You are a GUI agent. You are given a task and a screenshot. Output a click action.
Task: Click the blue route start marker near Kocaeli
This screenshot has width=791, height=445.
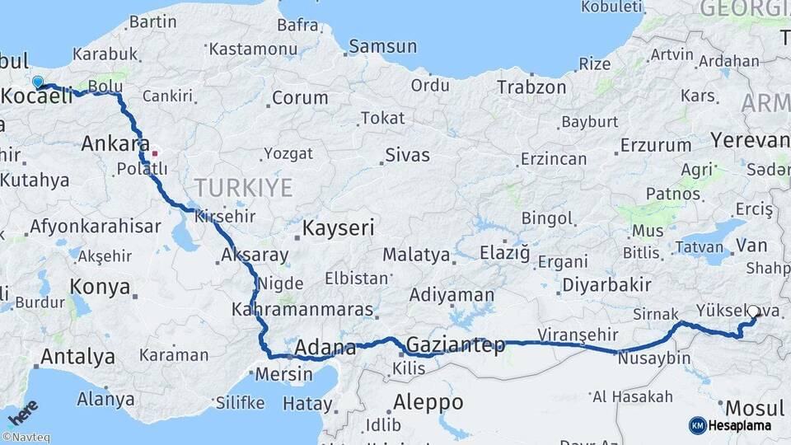tap(38, 82)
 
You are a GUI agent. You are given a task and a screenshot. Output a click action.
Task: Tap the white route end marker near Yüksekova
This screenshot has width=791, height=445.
tap(752, 312)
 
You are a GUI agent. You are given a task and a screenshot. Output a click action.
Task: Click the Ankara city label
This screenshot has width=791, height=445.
tap(115, 144)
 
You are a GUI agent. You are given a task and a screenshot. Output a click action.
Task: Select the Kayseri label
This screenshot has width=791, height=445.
tap(339, 227)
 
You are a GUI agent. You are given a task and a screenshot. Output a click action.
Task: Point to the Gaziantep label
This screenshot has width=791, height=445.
tap(456, 344)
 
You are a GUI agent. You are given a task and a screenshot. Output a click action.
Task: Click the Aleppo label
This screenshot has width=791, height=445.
tap(428, 403)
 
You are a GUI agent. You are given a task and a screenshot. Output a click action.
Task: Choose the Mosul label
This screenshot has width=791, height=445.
tap(755, 408)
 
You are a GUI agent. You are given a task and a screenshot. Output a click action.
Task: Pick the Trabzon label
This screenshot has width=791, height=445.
tap(531, 87)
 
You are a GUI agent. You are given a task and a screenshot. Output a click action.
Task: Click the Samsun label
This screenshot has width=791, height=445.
tap(382, 46)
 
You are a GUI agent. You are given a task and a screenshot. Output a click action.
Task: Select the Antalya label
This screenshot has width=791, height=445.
tap(77, 357)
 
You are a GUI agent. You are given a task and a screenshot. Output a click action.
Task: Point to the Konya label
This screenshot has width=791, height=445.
tap(100, 287)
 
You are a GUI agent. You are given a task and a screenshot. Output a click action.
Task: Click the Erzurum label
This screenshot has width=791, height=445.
tap(656, 145)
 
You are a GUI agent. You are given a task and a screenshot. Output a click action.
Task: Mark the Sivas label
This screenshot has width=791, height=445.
tap(408, 153)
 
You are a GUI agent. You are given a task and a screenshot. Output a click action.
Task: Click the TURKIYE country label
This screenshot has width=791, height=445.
tap(243, 188)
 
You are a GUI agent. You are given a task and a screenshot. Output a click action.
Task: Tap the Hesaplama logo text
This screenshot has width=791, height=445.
tap(739, 426)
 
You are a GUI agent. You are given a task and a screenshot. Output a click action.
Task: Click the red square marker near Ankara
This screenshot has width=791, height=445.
tap(154, 153)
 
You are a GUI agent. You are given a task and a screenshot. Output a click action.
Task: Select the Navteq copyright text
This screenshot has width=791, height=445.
tap(26, 438)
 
